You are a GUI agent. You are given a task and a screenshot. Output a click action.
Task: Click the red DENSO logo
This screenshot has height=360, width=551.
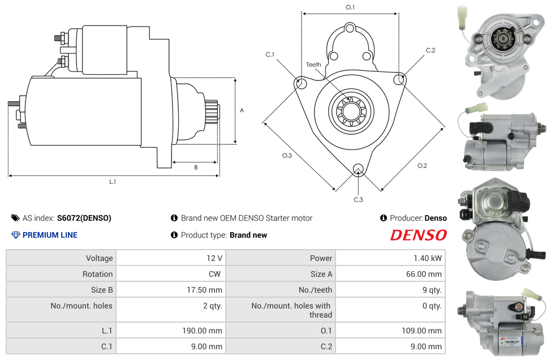(x=418, y=235)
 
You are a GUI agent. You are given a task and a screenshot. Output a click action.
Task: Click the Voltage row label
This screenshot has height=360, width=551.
(x=100, y=258)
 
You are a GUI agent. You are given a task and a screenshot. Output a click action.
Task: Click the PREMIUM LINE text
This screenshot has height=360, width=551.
(x=50, y=235)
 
